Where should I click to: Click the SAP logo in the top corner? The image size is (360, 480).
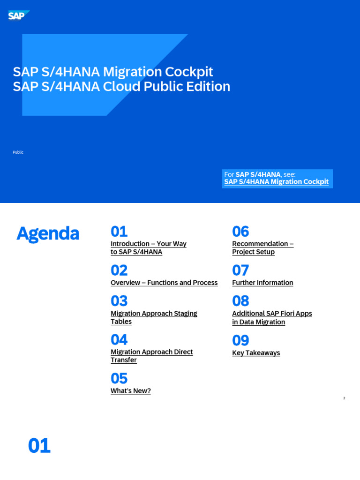(x=18, y=16)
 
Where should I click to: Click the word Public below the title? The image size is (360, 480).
(x=18, y=152)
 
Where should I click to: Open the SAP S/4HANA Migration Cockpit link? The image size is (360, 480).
(x=276, y=182)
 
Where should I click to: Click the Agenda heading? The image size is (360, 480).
(x=48, y=233)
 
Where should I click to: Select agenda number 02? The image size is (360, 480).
(x=119, y=270)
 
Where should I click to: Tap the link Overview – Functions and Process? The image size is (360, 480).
(x=164, y=283)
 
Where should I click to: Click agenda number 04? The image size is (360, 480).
(x=119, y=340)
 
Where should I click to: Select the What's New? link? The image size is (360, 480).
(x=131, y=391)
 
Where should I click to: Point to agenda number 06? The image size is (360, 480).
(x=240, y=232)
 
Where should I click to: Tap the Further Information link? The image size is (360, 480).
(x=262, y=283)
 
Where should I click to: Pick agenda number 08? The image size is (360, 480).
(x=240, y=301)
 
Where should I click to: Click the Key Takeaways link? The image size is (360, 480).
(x=256, y=353)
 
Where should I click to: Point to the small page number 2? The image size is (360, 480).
(x=344, y=398)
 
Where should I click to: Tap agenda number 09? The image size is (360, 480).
(x=240, y=340)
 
